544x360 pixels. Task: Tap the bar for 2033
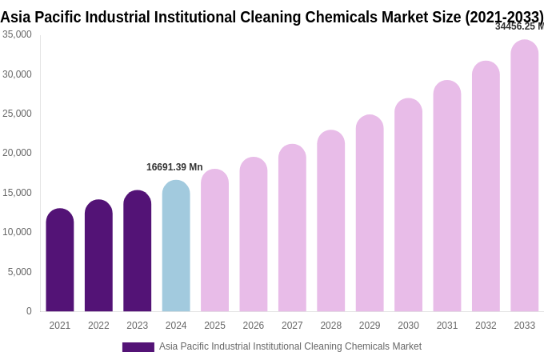pyautogui.click(x=525, y=176)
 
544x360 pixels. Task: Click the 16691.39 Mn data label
pyautogui.click(x=174, y=167)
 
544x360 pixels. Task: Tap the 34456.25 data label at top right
pyautogui.click(x=518, y=26)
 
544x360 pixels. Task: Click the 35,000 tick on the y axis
pyautogui.click(x=18, y=34)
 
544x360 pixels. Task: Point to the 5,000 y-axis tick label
pyautogui.click(x=20, y=272)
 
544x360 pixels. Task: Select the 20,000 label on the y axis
pyautogui.click(x=18, y=153)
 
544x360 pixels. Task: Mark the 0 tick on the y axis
pyautogui.click(x=29, y=311)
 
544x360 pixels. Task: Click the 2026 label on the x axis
pyautogui.click(x=254, y=326)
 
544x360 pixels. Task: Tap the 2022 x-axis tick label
pyautogui.click(x=98, y=326)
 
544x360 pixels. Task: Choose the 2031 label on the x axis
pyautogui.click(x=447, y=326)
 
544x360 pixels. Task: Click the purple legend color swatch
pyautogui.click(x=138, y=347)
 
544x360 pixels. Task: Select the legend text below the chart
pyautogui.click(x=290, y=346)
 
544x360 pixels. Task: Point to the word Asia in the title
pyautogui.click(x=16, y=17)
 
